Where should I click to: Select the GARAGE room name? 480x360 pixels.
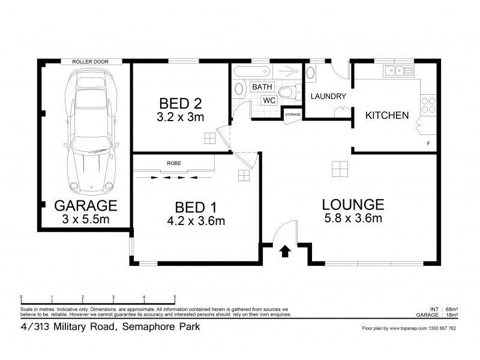coord(85,206)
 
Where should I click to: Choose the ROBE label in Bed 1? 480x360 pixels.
coord(175,163)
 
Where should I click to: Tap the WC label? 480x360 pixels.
coord(269,100)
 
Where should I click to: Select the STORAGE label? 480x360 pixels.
coord(293,114)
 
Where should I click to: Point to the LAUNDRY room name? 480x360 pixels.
coord(328,97)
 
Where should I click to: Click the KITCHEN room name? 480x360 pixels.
coord(387,115)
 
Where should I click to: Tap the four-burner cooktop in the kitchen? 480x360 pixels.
coord(428,106)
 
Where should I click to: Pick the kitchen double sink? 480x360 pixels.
coord(396,71)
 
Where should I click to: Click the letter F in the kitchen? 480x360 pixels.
coord(428,144)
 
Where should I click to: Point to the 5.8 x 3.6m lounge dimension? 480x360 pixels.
coord(352,218)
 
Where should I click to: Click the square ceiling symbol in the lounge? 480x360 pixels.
coord(339,169)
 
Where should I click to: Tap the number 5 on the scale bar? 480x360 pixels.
coord(175,297)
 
